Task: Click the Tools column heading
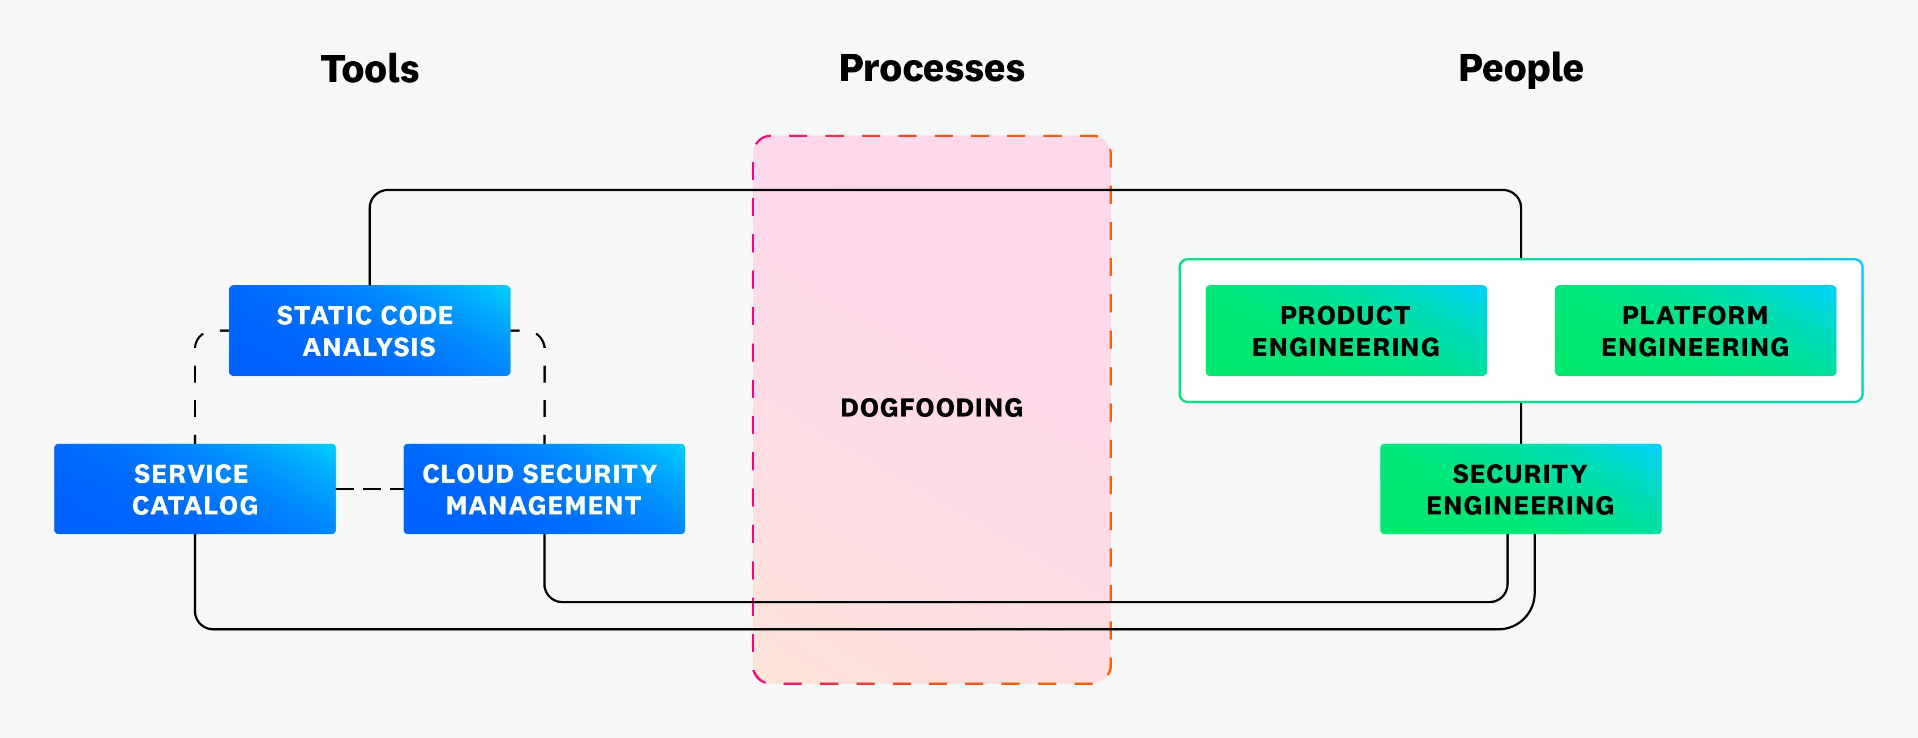370,69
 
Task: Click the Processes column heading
931,68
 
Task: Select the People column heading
1521,68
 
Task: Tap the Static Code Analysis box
369,330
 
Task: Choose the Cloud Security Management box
543,488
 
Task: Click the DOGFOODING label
931,407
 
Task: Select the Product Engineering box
1346,330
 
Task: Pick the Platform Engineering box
1694,330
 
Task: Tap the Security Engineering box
1521,488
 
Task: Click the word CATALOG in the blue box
195,505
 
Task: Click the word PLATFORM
1694,316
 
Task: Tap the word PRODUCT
1346,316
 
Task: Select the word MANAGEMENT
543,505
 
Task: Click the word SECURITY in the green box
1521,474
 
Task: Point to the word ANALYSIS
369,347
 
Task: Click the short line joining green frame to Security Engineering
1521,423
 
